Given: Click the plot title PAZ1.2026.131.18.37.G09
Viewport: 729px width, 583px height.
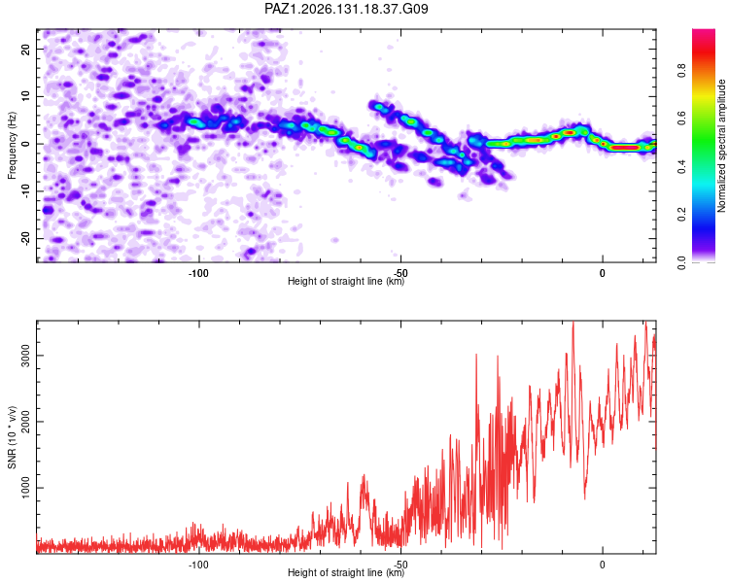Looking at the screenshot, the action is pyautogui.click(x=346, y=9).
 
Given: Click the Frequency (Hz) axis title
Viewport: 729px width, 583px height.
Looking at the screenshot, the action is pyautogui.click(x=12, y=146).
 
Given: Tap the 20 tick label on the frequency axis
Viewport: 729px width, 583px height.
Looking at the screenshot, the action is pyautogui.click(x=25, y=49).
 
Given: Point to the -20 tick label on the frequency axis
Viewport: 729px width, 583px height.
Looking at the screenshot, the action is pyautogui.click(x=25, y=238).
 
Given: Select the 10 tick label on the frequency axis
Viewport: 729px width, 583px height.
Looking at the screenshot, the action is pyautogui.click(x=25, y=96).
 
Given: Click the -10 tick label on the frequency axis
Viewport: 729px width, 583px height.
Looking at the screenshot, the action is pyautogui.click(x=25, y=191).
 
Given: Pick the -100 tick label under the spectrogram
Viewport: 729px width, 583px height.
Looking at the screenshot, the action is pyautogui.click(x=198, y=273).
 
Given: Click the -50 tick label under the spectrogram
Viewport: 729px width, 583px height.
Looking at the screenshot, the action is pyautogui.click(x=400, y=273).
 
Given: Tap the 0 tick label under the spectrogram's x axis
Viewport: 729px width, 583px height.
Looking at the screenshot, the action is pyautogui.click(x=602, y=273).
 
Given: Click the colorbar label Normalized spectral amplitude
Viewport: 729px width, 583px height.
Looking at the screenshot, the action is pyautogui.click(x=721, y=146).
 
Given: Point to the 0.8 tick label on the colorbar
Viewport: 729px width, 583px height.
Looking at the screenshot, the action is pyautogui.click(x=682, y=71).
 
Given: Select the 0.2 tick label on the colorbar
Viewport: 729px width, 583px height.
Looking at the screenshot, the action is pyautogui.click(x=682, y=215).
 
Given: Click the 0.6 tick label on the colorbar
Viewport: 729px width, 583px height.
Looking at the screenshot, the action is pyautogui.click(x=682, y=119).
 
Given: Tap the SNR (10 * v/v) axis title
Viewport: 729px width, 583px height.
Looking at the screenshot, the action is pyautogui.click(x=12, y=437).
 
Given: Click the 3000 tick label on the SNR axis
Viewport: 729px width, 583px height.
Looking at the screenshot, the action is pyautogui.click(x=25, y=356).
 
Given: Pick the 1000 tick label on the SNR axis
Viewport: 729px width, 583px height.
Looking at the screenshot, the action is pyautogui.click(x=25, y=488).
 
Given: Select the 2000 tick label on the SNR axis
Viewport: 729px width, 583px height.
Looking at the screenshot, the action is pyautogui.click(x=25, y=422).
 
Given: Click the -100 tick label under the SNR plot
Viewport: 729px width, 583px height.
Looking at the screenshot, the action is pyautogui.click(x=198, y=565).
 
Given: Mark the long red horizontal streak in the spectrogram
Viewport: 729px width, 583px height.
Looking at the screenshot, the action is pyautogui.click(x=624, y=148).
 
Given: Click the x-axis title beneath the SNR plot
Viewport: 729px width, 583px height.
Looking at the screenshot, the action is pyautogui.click(x=346, y=572).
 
